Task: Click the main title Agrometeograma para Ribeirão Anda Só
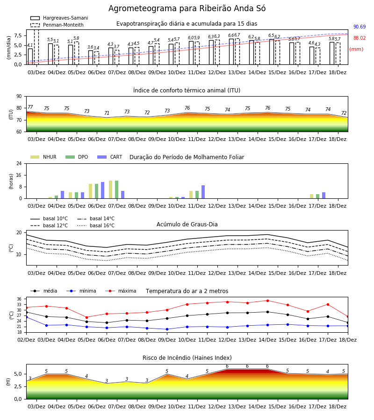[x=187, y=8]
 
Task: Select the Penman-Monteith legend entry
[x=57, y=25]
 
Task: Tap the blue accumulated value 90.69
[x=360, y=27]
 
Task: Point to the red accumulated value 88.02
[x=360, y=38]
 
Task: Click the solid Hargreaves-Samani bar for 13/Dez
[x=231, y=52]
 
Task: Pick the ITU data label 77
[x=30, y=107]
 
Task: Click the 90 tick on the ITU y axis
[x=19, y=97]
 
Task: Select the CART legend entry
[x=110, y=157]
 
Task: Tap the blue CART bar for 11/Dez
[x=203, y=192]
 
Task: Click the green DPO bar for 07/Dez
[x=117, y=189]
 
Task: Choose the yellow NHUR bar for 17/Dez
[x=311, y=196]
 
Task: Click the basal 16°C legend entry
[x=96, y=225]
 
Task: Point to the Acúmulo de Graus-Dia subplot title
[x=187, y=224]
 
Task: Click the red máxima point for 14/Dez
[x=267, y=301]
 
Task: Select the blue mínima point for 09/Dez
[x=167, y=329]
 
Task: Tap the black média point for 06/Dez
[x=107, y=323]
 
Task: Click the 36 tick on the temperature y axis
[x=19, y=299]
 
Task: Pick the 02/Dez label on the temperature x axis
[x=26, y=340]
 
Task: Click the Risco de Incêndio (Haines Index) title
[x=187, y=358]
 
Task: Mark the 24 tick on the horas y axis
[x=19, y=163]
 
